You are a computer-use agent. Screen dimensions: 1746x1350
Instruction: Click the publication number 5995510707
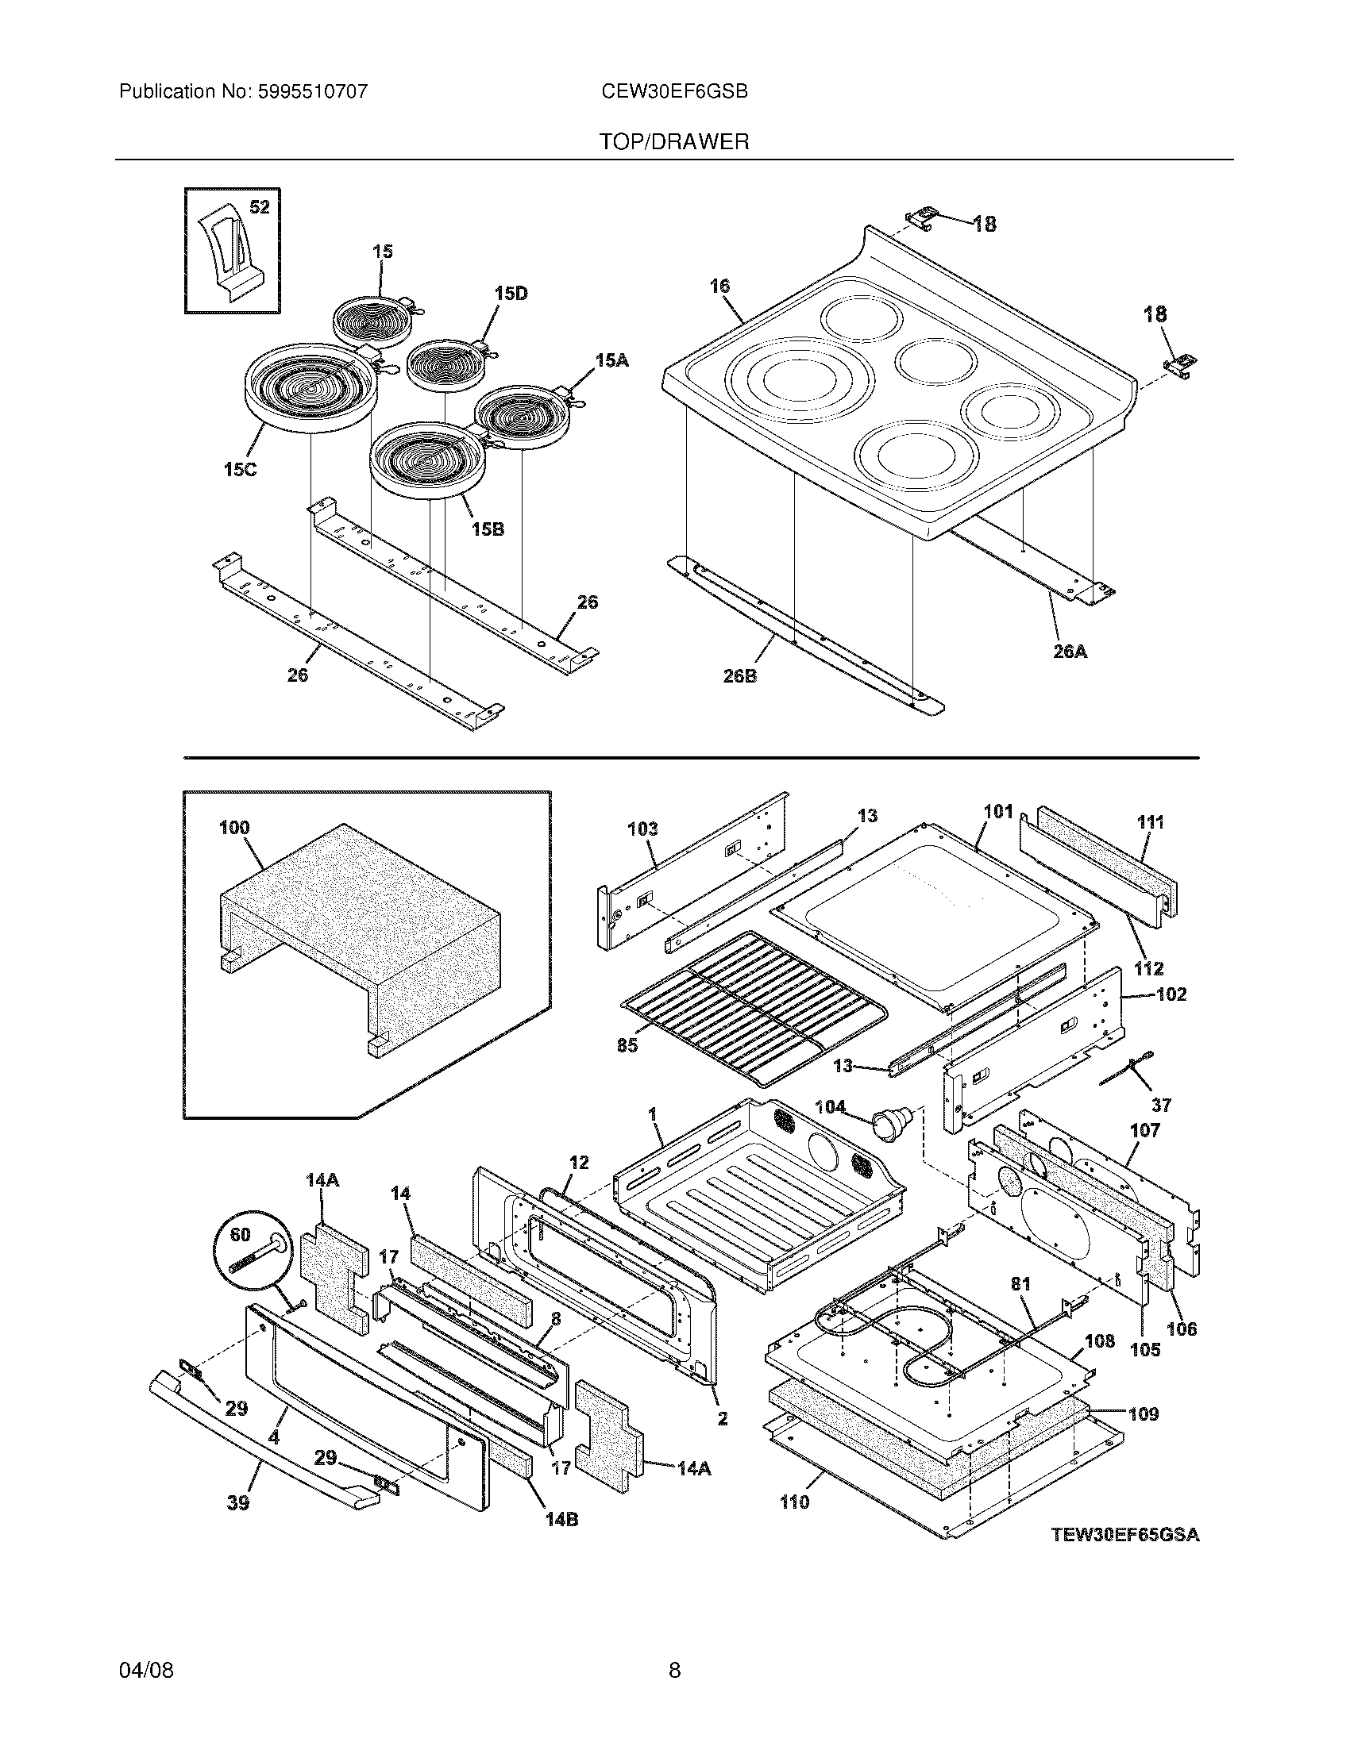click(313, 92)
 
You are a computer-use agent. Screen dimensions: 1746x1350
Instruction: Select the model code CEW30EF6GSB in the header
click(674, 92)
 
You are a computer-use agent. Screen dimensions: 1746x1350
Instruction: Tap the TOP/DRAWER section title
click(674, 142)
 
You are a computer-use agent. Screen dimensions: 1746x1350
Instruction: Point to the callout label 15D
click(511, 294)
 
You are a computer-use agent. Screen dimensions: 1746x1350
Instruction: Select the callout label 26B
click(739, 675)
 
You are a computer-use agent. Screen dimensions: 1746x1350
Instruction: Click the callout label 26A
click(1070, 652)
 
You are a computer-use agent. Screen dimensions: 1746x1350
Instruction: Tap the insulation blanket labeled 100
click(360, 932)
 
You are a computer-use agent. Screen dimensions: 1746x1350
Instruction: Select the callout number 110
click(794, 1503)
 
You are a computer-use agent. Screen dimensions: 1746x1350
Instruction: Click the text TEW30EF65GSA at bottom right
click(1125, 1535)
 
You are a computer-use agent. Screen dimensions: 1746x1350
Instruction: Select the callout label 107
click(1145, 1130)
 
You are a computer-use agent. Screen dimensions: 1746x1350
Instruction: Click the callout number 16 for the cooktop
click(719, 287)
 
